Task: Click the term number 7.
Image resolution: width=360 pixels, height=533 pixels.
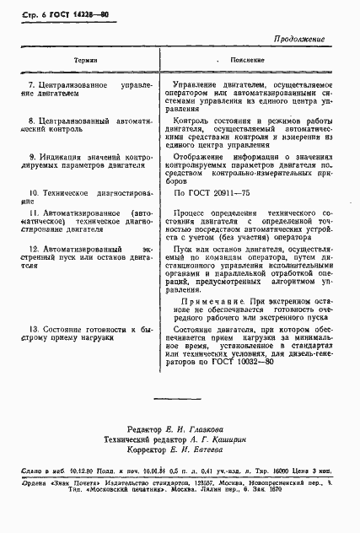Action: click(x=31, y=85)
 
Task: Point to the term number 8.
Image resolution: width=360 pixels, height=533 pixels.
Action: click(x=31, y=121)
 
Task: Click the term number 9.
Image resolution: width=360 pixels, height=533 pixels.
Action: click(x=31, y=157)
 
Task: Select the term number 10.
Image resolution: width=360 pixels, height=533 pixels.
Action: click(x=33, y=191)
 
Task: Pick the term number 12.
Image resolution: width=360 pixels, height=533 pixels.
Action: click(x=33, y=250)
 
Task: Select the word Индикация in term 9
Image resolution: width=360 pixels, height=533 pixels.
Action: click(x=58, y=157)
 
